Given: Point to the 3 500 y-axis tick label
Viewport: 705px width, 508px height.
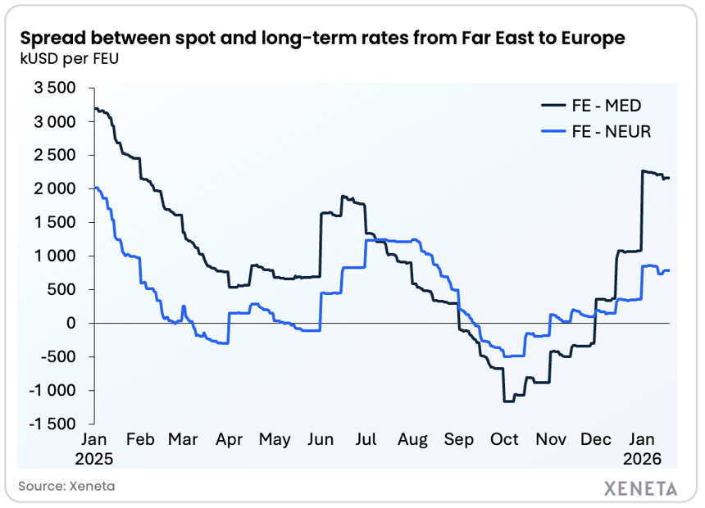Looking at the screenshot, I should point(54,88).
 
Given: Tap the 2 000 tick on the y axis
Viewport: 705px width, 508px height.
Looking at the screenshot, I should point(54,188).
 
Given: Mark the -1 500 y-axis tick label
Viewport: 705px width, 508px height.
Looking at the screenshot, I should point(52,424).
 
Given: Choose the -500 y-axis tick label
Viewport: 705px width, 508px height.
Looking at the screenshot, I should point(57,356).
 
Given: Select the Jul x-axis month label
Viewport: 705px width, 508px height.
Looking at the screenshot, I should point(366,440).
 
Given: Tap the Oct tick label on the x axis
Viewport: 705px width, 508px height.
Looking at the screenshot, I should point(504,440).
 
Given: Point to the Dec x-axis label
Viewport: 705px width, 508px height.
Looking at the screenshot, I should point(595,440).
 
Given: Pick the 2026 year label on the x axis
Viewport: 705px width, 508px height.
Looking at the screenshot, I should point(642,458).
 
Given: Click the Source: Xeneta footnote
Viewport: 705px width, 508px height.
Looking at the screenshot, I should point(66,486).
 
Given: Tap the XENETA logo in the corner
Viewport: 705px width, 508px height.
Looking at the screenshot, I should point(640,488).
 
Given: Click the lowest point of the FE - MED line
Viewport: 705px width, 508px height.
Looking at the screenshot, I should point(508,401).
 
